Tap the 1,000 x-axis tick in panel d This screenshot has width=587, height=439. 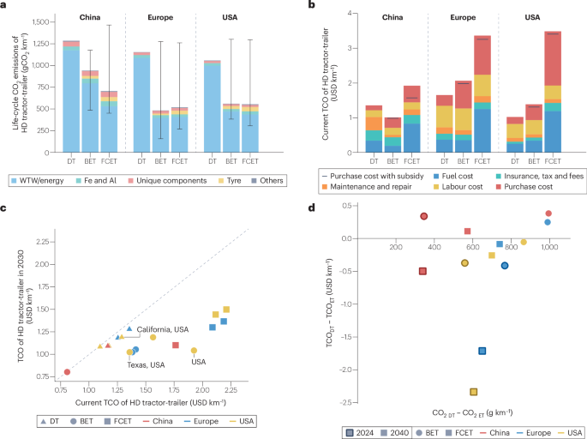(548, 249)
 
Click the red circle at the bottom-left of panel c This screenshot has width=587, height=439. (67, 372)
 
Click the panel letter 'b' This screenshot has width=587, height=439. (311, 6)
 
